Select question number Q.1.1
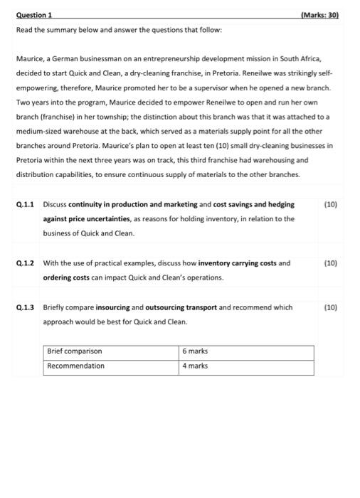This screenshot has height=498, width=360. tap(26, 204)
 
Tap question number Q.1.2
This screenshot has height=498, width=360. tap(26, 263)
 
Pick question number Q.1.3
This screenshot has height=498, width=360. tap(26, 308)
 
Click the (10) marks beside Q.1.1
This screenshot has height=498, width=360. tap(330, 204)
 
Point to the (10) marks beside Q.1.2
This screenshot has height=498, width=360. tap(330, 263)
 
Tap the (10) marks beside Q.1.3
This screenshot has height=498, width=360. tap(330, 308)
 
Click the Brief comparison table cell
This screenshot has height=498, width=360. tap(75, 351)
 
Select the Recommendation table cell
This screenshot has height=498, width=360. tap(76, 366)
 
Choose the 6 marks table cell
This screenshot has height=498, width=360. tap(196, 351)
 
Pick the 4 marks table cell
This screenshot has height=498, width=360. tap(196, 366)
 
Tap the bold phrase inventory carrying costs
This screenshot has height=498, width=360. tap(238, 263)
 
